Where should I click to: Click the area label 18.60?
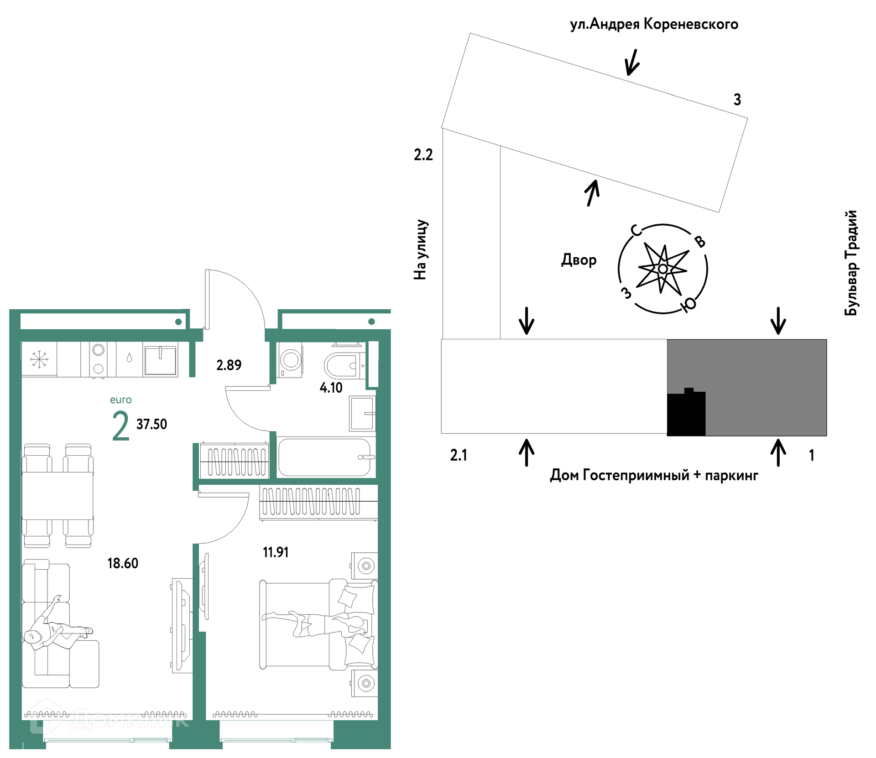[123, 563]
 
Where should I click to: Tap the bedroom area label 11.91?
[276, 552]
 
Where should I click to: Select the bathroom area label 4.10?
[331, 388]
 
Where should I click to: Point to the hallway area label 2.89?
[229, 365]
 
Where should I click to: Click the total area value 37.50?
[151, 424]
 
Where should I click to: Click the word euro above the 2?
[121, 400]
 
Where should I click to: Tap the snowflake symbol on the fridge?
[39, 359]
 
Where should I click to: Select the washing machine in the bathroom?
[291, 360]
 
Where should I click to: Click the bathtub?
[326, 457]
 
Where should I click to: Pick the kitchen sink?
[160, 360]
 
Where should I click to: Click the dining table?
[57, 495]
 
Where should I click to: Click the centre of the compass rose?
[663, 269]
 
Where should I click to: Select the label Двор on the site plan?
[579, 260]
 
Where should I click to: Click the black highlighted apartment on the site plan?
[686, 413]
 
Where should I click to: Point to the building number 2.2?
[423, 155]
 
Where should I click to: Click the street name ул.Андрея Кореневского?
[654, 24]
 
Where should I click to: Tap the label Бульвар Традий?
[851, 263]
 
